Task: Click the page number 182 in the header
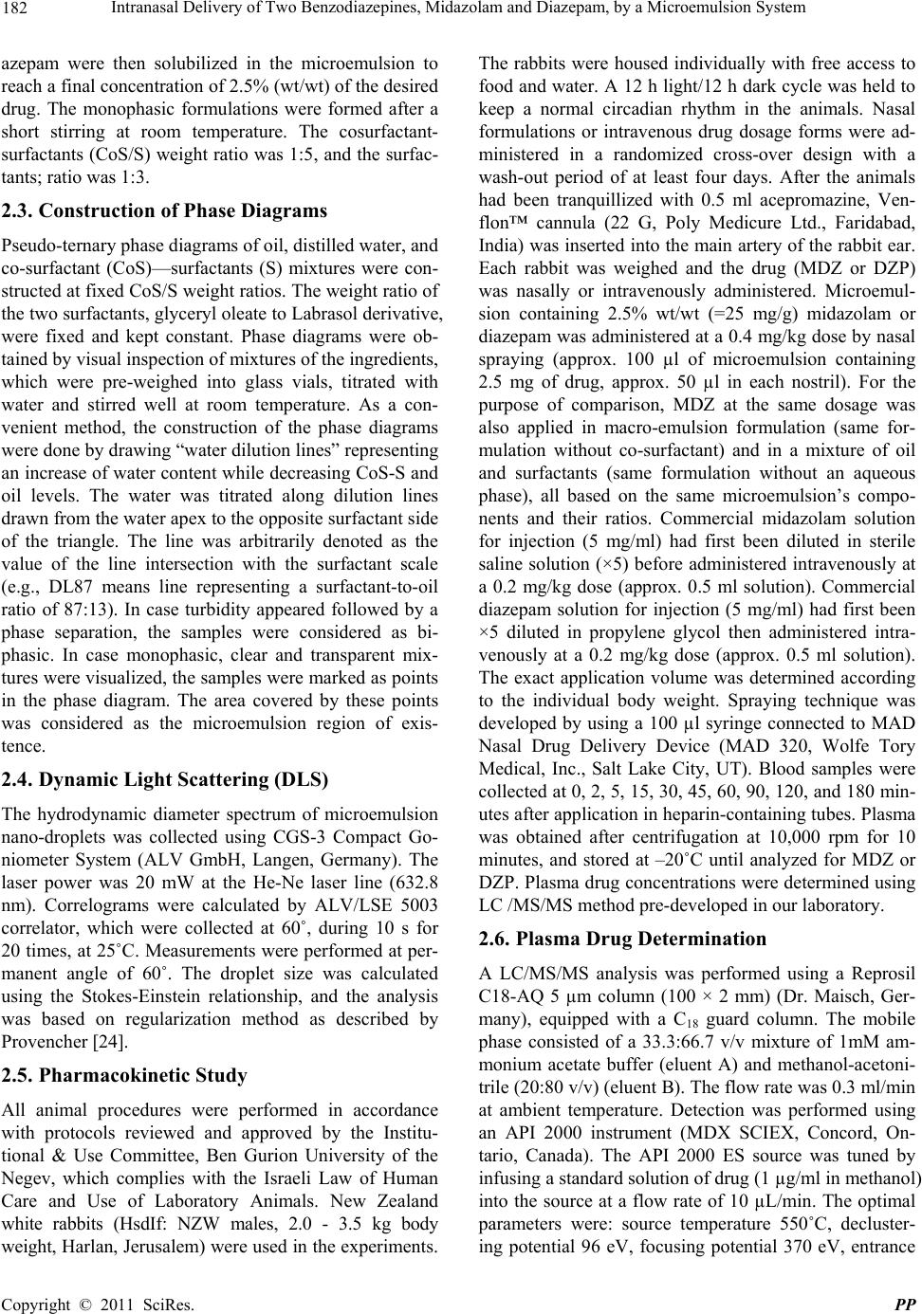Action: click(x=17, y=10)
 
